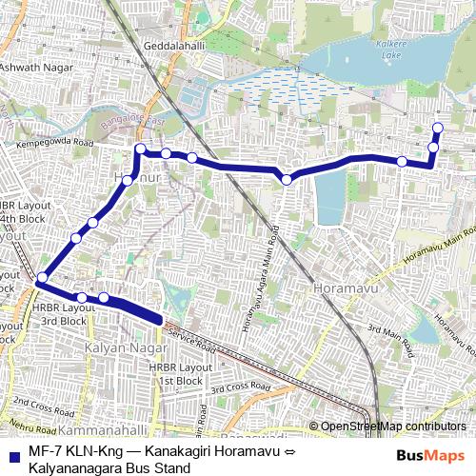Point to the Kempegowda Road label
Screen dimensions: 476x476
[57, 144]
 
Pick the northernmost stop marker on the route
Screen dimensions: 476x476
[438, 128]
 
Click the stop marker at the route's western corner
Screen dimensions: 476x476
[41, 279]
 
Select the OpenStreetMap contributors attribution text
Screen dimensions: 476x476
[393, 426]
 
